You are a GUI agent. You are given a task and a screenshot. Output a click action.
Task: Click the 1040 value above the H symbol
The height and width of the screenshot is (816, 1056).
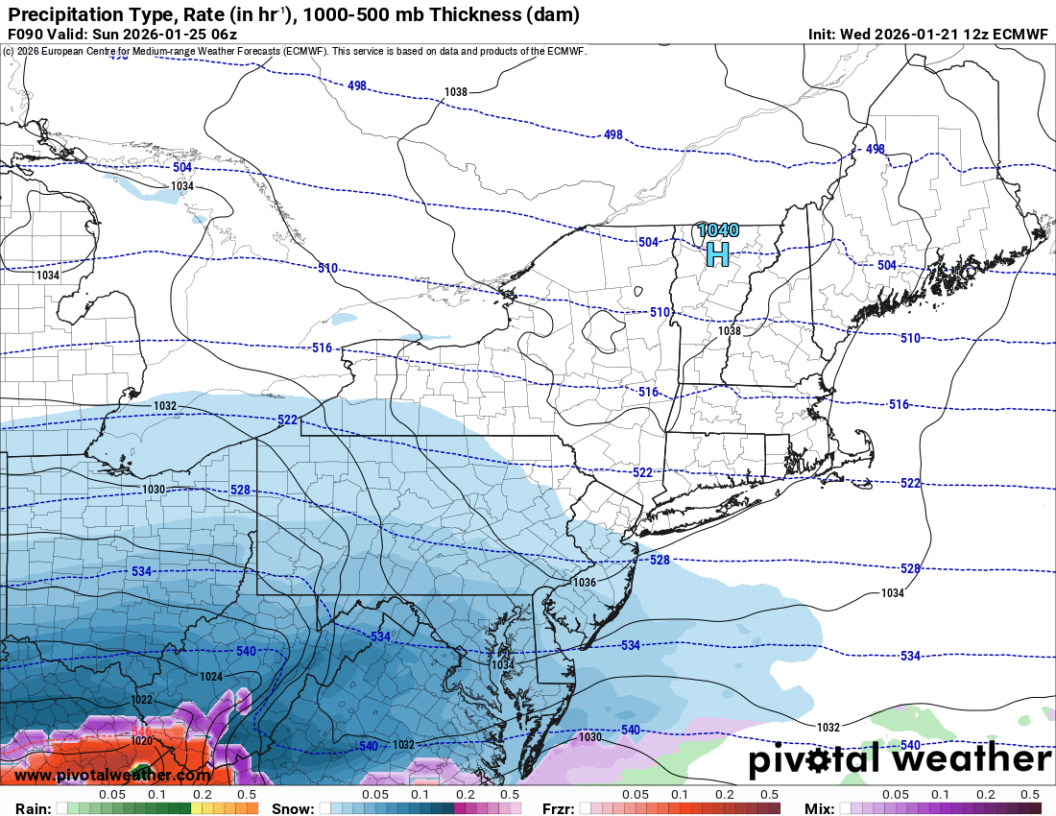pyautogui.click(x=718, y=230)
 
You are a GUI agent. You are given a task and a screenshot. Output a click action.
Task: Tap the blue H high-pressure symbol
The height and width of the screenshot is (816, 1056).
pyautogui.click(x=717, y=254)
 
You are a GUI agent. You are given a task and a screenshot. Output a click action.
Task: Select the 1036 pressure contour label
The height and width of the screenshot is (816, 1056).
pyautogui.click(x=584, y=583)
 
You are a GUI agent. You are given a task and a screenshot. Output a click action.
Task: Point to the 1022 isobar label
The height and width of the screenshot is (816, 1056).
pyautogui.click(x=142, y=699)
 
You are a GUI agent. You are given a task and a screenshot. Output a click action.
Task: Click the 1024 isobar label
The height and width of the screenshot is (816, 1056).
pyautogui.click(x=211, y=677)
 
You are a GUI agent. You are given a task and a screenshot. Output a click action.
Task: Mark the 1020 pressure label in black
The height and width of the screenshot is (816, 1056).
pyautogui.click(x=141, y=740)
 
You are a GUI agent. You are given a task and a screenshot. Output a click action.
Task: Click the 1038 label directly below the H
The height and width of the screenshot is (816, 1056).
pyautogui.click(x=730, y=331)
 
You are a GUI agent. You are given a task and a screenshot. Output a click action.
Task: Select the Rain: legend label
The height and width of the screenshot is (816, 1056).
pyautogui.click(x=33, y=808)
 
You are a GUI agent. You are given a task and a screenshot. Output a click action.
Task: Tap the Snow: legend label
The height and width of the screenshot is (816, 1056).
pyautogui.click(x=292, y=808)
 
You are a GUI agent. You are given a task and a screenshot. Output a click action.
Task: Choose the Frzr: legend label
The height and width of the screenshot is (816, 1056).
pyautogui.click(x=559, y=808)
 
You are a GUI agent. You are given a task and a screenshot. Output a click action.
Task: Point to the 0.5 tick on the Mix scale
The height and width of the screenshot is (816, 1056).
pyautogui.click(x=1029, y=795)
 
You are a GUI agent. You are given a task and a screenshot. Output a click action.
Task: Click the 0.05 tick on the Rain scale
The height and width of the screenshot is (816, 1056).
pyautogui.click(x=112, y=795)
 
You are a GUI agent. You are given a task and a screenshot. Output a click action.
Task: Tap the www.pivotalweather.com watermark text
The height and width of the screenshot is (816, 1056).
pyautogui.click(x=113, y=775)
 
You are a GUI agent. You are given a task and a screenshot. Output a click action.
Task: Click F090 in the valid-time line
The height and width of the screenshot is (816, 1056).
pyautogui.click(x=25, y=35)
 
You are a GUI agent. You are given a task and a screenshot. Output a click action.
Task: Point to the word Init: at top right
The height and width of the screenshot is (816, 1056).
pyautogui.click(x=822, y=35)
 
